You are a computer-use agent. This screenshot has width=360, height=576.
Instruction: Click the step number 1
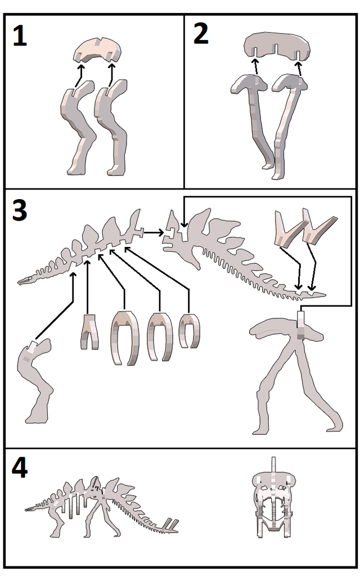20,37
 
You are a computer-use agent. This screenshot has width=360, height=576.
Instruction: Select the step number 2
201,35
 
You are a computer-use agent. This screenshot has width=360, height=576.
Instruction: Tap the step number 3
20,210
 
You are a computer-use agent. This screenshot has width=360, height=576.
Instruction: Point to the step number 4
20,468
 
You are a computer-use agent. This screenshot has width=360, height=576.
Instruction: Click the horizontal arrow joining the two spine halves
154,231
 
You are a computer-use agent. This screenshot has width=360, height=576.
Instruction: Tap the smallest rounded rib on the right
189,331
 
